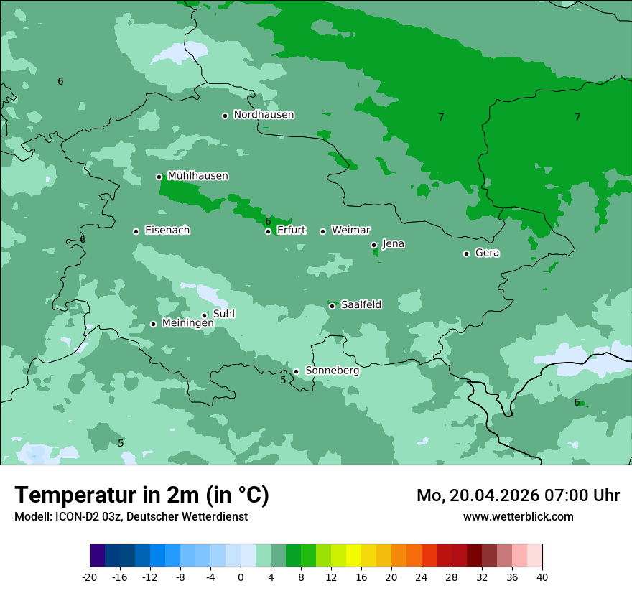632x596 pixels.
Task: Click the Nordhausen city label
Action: pyautogui.click(x=264, y=115)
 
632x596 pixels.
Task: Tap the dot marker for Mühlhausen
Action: pyautogui.click(x=159, y=177)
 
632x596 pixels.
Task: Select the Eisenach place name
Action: pyautogui.click(x=167, y=231)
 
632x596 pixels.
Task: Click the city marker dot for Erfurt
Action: pyautogui.click(x=268, y=231)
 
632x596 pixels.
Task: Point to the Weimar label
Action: pyautogui.click(x=350, y=231)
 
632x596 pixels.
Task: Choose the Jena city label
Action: pyautogui.click(x=393, y=244)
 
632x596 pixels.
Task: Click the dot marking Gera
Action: pyautogui.click(x=466, y=253)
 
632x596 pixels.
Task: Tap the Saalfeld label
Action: pyautogui.click(x=361, y=305)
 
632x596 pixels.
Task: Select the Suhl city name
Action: pyautogui.click(x=224, y=314)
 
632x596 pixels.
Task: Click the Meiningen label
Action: pyautogui.click(x=187, y=324)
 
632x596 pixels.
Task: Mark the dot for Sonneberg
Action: pyautogui.click(x=296, y=371)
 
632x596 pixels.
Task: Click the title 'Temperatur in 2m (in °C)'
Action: pyautogui.click(x=141, y=495)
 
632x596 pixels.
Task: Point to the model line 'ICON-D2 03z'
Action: pyautogui.click(x=131, y=517)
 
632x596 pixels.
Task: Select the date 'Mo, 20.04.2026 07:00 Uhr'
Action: pyautogui.click(x=518, y=495)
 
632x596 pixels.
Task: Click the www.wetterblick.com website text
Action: pyautogui.click(x=518, y=517)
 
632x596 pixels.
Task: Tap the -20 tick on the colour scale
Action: pyautogui.click(x=90, y=577)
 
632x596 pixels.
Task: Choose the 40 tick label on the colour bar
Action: pyautogui.click(x=542, y=577)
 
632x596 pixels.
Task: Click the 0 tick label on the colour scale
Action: pyautogui.click(x=241, y=577)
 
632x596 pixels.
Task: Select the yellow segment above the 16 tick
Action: pyautogui.click(x=353, y=556)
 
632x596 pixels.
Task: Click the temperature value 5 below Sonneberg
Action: pyautogui.click(x=283, y=380)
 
